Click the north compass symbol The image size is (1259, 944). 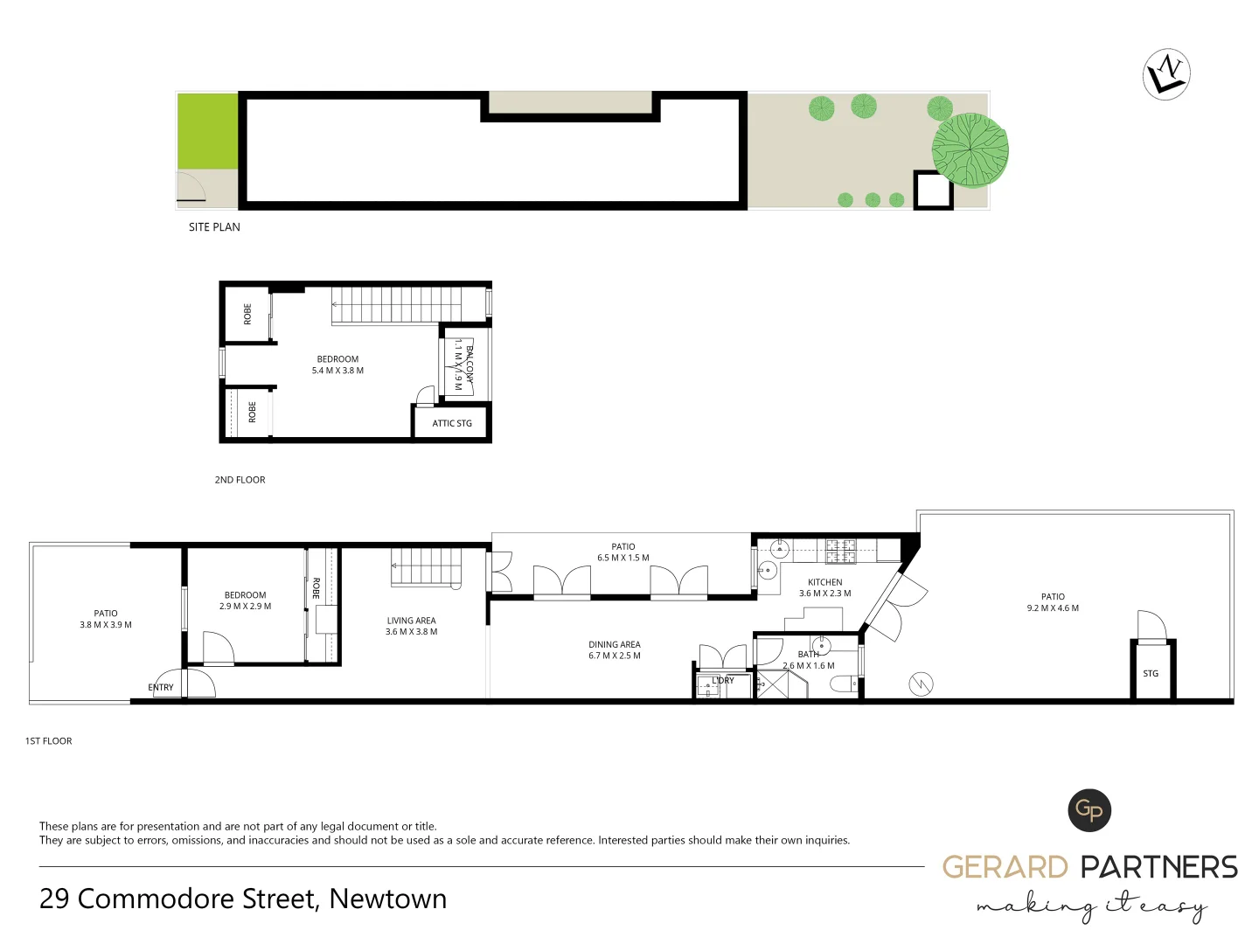[1166, 74]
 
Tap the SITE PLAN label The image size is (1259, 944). [214, 227]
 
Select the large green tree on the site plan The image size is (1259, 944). [970, 151]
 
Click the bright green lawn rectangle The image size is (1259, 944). [208, 131]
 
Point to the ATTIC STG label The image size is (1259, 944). [452, 424]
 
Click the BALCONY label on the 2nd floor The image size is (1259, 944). [470, 364]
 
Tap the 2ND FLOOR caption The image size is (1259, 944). [240, 480]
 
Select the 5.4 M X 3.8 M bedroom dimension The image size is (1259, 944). [337, 371]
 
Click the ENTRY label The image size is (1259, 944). [161, 688]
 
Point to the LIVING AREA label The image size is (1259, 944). [411, 621]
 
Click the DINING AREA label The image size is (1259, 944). [615, 645]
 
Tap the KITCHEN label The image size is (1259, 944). [824, 582]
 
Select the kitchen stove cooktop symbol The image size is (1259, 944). [841, 551]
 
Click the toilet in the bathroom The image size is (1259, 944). [845, 684]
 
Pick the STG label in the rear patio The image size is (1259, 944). [1151, 674]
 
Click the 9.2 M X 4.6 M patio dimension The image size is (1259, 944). [1053, 608]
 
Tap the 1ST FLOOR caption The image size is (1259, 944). [49, 741]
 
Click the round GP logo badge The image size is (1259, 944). [1089, 810]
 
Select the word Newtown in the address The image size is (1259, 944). [388, 899]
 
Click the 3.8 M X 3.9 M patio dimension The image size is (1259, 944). [106, 625]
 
